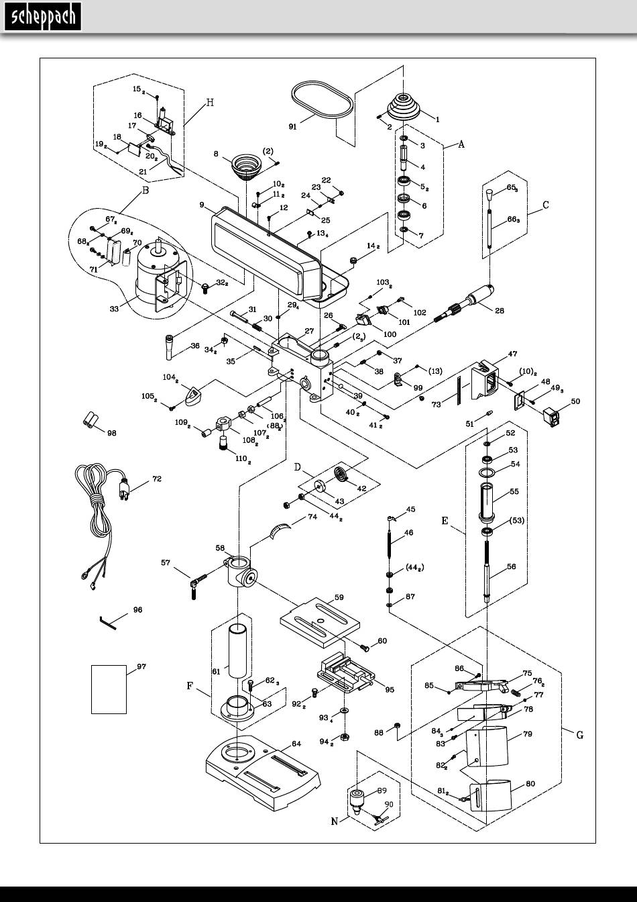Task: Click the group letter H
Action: click(x=210, y=103)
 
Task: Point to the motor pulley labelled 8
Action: click(x=245, y=164)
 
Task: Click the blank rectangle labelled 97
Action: click(x=109, y=689)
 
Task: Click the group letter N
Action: click(x=335, y=822)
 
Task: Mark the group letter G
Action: click(x=580, y=735)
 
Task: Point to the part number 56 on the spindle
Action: click(x=511, y=566)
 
